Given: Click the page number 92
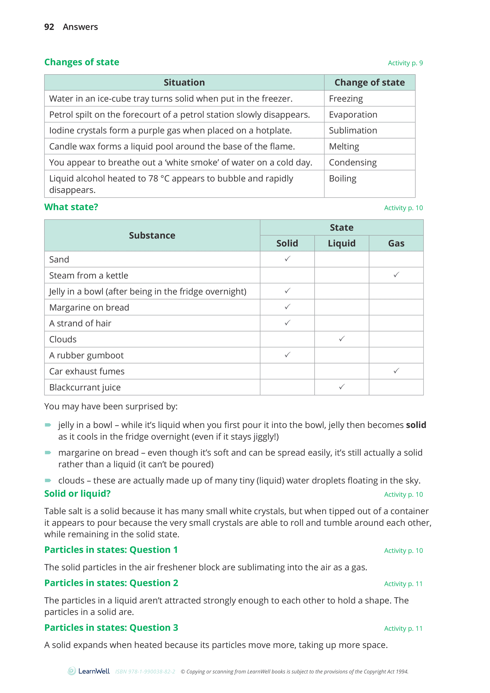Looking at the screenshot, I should pos(49,27).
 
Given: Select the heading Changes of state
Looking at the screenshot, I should pos(82,62).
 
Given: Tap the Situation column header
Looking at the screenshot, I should pos(184,82).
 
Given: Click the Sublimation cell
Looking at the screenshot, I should pos(353,130).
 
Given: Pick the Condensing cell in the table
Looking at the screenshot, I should pos(353,162).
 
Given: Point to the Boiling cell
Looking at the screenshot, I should pos(342,178).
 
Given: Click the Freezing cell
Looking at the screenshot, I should pos(346,99).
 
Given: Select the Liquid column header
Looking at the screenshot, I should pos(341,243).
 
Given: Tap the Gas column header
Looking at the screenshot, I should pos(396,243).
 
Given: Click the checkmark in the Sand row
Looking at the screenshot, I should pos(287,259).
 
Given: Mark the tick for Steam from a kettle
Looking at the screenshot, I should pos(396,275).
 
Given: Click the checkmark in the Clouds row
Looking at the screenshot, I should pos(341,339).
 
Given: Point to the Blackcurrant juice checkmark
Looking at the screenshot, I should pos(341,387).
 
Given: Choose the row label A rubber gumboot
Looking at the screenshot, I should pos(86,355).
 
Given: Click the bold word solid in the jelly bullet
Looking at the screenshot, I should pos(416,425).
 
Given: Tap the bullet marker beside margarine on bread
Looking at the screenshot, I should pos(48,452).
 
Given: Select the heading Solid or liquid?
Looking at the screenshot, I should pos(77,493).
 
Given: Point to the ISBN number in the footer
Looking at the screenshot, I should pos(145,672).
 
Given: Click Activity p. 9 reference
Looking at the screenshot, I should pos(405,63).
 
